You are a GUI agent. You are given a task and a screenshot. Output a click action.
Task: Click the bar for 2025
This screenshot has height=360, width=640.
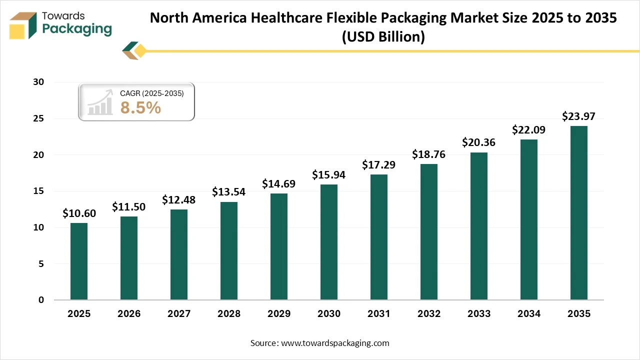pyautogui.click(x=79, y=261)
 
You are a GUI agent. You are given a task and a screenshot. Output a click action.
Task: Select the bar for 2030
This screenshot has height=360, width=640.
pyautogui.click(x=329, y=242)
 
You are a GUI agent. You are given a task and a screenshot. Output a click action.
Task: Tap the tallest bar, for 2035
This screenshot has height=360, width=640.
pyautogui.click(x=579, y=213)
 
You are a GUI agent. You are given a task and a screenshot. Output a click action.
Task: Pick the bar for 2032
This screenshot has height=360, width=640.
pyautogui.click(x=429, y=232)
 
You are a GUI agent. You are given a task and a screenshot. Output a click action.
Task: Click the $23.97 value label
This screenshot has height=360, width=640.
pyautogui.click(x=579, y=116)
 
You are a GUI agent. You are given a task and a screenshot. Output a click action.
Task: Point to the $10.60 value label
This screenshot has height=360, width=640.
pyautogui.click(x=79, y=213)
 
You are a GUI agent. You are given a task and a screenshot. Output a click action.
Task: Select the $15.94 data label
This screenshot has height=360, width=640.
pyautogui.click(x=329, y=175)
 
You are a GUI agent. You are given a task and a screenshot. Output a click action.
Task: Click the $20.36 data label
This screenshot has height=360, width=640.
pyautogui.click(x=479, y=142)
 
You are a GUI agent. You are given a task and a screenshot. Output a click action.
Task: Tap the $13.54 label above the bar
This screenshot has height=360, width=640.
pyautogui.click(x=229, y=192)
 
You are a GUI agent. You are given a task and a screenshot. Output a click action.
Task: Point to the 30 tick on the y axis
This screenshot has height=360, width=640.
pyautogui.click(x=38, y=82)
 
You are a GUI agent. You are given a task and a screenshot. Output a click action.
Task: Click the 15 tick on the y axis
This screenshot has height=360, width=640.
pyautogui.click(x=38, y=191)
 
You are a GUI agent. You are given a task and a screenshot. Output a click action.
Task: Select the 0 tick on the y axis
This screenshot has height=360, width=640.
pyautogui.click(x=41, y=300)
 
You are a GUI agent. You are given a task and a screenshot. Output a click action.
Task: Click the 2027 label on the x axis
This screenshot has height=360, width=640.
pyautogui.click(x=179, y=314)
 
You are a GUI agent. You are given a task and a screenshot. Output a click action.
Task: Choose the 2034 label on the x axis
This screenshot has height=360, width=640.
pyautogui.click(x=529, y=314)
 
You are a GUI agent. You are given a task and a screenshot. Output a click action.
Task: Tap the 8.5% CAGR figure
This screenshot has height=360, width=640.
pyautogui.click(x=140, y=107)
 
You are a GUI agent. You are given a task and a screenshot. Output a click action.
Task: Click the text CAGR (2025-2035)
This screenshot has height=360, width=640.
pyautogui.click(x=152, y=93)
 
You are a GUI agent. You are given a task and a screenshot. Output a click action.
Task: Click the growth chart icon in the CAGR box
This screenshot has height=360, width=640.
pyautogui.click(x=100, y=102)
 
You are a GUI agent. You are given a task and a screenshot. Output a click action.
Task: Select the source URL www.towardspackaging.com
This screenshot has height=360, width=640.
pyautogui.click(x=334, y=343)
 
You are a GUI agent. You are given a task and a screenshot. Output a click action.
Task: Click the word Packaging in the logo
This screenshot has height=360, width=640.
pyautogui.click(x=77, y=29)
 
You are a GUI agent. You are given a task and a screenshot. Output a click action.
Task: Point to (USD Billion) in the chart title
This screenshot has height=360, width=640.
pyautogui.click(x=383, y=37)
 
